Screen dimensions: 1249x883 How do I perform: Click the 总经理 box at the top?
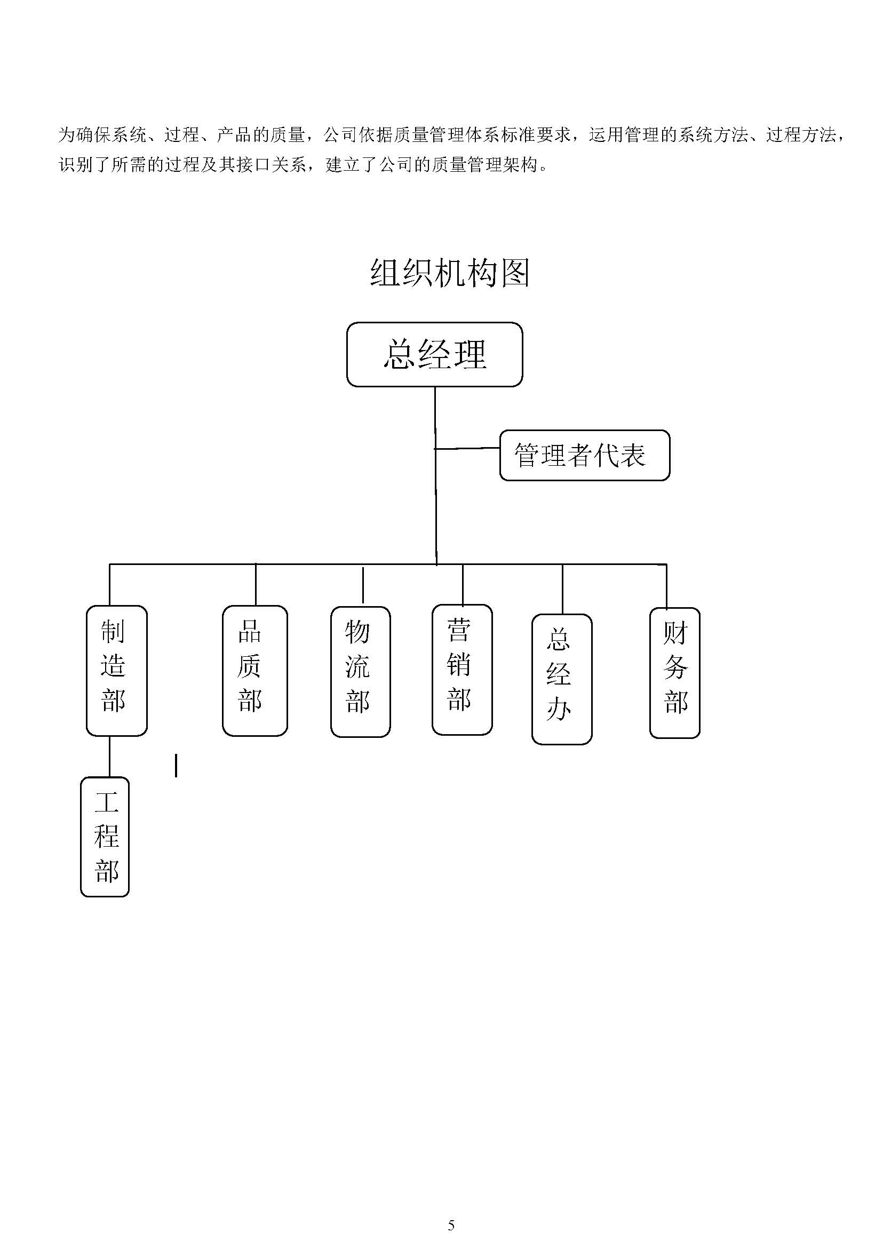[x=434, y=354]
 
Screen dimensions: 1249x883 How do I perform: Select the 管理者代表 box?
[x=584, y=455]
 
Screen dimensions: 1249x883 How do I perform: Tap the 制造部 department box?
[x=116, y=670]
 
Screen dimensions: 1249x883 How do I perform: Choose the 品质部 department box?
[x=254, y=670]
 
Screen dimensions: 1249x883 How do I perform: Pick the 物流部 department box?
[x=360, y=671]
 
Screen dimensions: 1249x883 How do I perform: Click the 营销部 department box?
[x=462, y=669]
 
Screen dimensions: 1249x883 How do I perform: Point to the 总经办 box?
[x=561, y=679]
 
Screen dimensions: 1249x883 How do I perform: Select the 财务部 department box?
[x=674, y=672]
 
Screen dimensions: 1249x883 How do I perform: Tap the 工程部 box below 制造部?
[x=105, y=836]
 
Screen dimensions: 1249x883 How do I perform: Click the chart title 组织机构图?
[x=449, y=273]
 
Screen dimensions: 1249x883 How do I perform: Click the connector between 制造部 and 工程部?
[x=109, y=756]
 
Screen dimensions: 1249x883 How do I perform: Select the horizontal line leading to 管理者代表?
[x=467, y=448]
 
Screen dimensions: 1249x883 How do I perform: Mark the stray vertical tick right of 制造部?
[x=176, y=765]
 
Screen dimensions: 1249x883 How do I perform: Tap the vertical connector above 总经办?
[x=562, y=589]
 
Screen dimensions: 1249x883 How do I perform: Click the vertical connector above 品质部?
[x=255, y=584]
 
